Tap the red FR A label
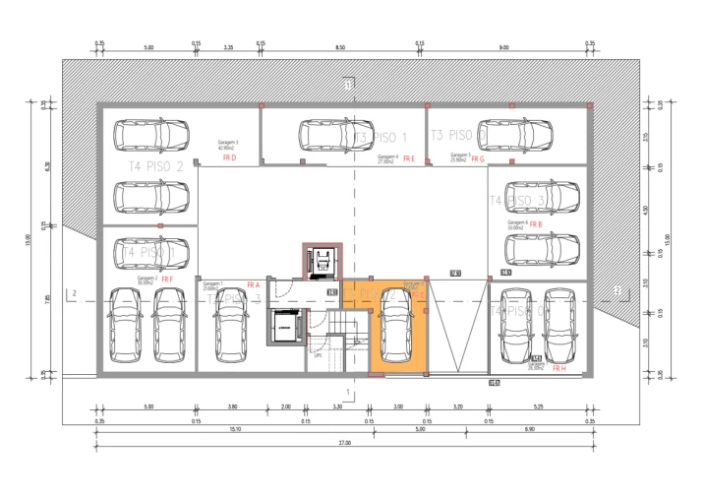[253, 285]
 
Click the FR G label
[478, 158]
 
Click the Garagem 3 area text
[228, 145]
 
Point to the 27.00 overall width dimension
[344, 444]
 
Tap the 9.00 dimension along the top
[503, 47]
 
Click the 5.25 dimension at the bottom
[539, 405]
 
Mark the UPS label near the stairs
[318, 355]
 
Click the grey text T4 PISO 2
[156, 166]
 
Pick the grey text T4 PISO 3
[516, 200]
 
